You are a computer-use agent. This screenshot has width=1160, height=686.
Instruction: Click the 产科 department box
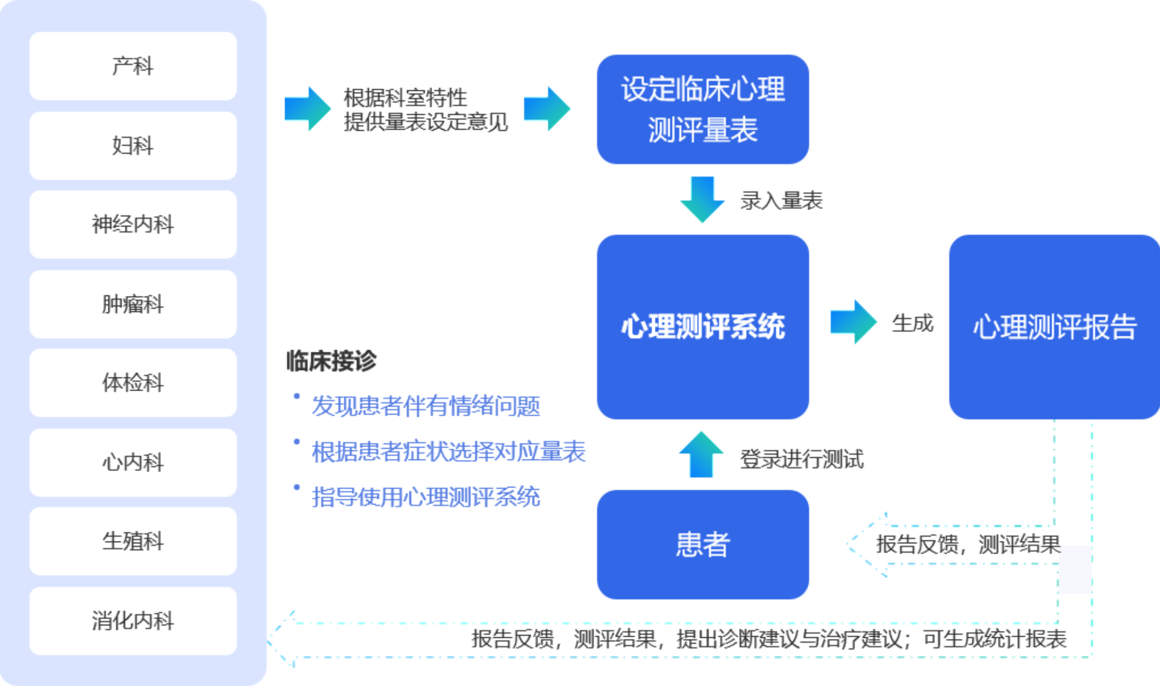pyautogui.click(x=133, y=66)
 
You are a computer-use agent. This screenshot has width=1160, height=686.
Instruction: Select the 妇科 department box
pyautogui.click(x=133, y=146)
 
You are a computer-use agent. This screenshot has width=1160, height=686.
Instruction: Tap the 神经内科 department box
pyautogui.click(x=133, y=224)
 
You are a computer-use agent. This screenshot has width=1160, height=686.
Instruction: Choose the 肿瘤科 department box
pyautogui.click(x=133, y=304)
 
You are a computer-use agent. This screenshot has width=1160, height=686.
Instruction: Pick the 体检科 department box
pyautogui.click(x=133, y=383)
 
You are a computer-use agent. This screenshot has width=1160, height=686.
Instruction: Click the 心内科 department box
pyautogui.click(x=133, y=462)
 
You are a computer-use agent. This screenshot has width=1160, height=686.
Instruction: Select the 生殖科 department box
pyautogui.click(x=133, y=541)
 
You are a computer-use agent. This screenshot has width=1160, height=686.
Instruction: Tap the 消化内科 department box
pyautogui.click(x=133, y=621)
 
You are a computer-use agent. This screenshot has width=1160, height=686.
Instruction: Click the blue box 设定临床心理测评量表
pyautogui.click(x=703, y=109)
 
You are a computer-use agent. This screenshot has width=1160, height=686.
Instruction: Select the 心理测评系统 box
pyautogui.click(x=703, y=327)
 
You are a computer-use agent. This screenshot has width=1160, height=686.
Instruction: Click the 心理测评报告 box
pyautogui.click(x=1054, y=327)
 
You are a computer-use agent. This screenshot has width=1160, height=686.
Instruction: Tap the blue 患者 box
pyautogui.click(x=703, y=544)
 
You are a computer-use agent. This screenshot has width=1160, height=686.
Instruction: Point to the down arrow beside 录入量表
pyautogui.click(x=702, y=200)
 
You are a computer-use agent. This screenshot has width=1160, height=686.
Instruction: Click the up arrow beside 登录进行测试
pyautogui.click(x=701, y=455)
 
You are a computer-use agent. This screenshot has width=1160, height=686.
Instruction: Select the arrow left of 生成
pyautogui.click(x=853, y=322)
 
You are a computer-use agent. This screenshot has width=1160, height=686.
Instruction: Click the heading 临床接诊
pyautogui.click(x=332, y=361)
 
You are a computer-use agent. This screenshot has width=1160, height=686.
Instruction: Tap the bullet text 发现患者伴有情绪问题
pyautogui.click(x=426, y=406)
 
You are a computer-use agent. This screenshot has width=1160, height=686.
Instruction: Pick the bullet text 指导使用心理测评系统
pyautogui.click(x=426, y=497)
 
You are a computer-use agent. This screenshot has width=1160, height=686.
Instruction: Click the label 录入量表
pyautogui.click(x=781, y=201)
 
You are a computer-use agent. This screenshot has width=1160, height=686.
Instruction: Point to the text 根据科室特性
pyautogui.click(x=405, y=98)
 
